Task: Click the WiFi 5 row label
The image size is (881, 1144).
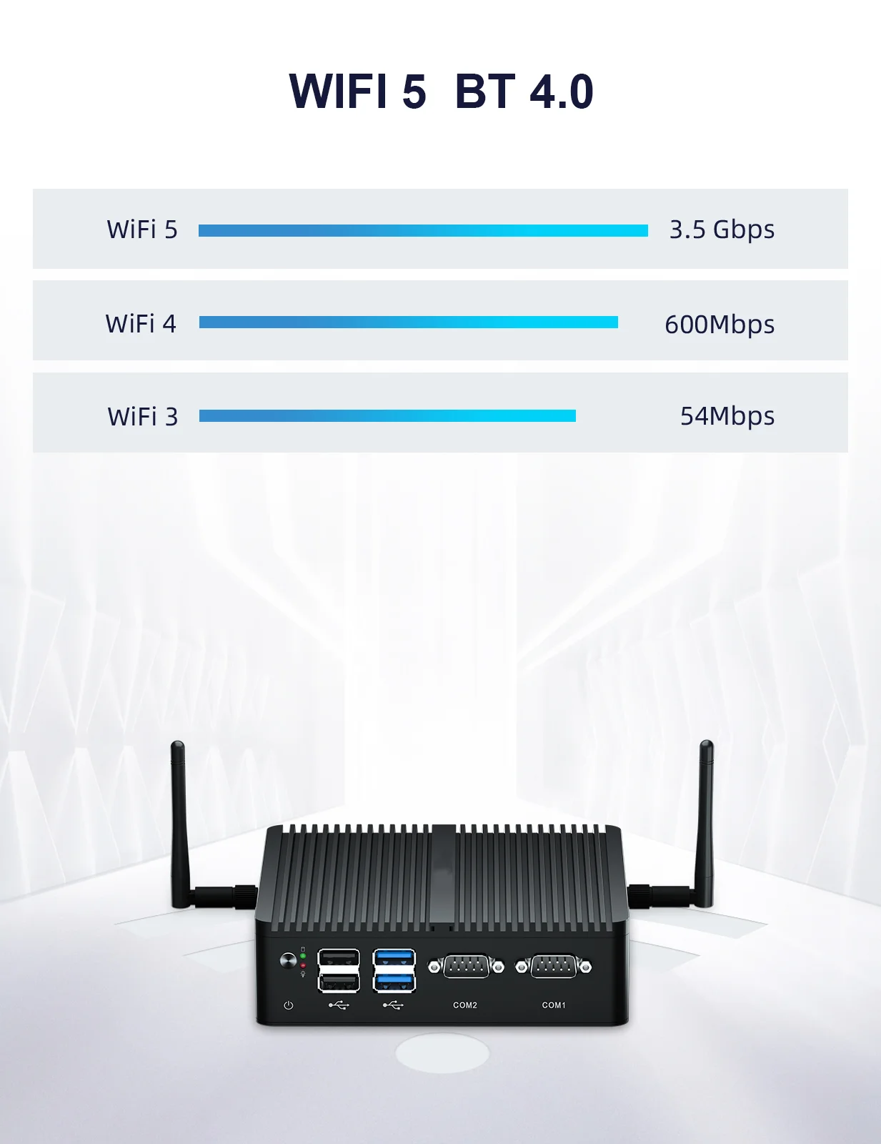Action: coord(142,230)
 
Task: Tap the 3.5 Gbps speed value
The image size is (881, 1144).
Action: coord(722,230)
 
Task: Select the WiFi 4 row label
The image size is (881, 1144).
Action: coord(141,323)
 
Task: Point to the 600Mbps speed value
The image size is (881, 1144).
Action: coord(720,324)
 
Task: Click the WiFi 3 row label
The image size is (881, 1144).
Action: coord(142,416)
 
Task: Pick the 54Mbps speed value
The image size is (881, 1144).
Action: coord(727,415)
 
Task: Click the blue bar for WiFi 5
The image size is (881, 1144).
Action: coord(423,230)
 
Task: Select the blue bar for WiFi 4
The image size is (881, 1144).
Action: coord(408,322)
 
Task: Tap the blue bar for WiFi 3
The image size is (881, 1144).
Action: coord(387,416)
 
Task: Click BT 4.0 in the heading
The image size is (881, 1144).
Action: coord(524,92)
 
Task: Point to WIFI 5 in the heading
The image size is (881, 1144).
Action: coord(357,92)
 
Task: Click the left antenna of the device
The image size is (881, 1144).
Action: coord(179,822)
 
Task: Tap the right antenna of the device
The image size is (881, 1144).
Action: coord(705,822)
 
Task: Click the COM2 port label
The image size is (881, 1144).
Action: coord(465,1005)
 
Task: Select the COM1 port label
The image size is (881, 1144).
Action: coord(554,1005)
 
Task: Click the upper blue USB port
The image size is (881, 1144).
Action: coord(394,957)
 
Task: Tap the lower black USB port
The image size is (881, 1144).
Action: coord(339,983)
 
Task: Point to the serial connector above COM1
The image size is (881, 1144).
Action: coord(554,967)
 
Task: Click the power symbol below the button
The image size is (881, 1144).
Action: coord(289,1005)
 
